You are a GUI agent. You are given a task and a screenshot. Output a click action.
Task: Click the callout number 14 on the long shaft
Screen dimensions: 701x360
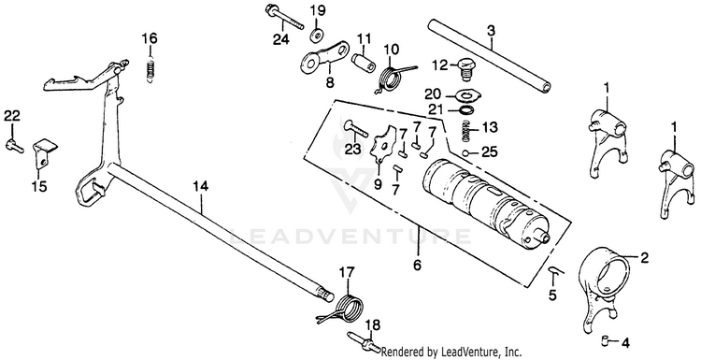(201, 186)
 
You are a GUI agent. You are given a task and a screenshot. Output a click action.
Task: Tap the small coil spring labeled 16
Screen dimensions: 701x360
(151, 70)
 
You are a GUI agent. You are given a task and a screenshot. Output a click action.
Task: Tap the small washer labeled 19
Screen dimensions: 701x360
(318, 35)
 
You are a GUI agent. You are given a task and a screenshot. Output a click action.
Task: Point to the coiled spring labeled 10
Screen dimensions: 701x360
(393, 77)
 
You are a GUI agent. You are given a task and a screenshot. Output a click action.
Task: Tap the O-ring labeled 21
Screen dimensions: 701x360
(467, 110)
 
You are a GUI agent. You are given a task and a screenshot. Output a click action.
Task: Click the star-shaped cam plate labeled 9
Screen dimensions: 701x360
(382, 142)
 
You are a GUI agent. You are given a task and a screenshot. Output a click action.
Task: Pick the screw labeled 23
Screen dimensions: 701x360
(354, 130)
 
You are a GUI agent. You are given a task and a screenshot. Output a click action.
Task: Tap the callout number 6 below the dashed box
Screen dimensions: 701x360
(417, 266)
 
